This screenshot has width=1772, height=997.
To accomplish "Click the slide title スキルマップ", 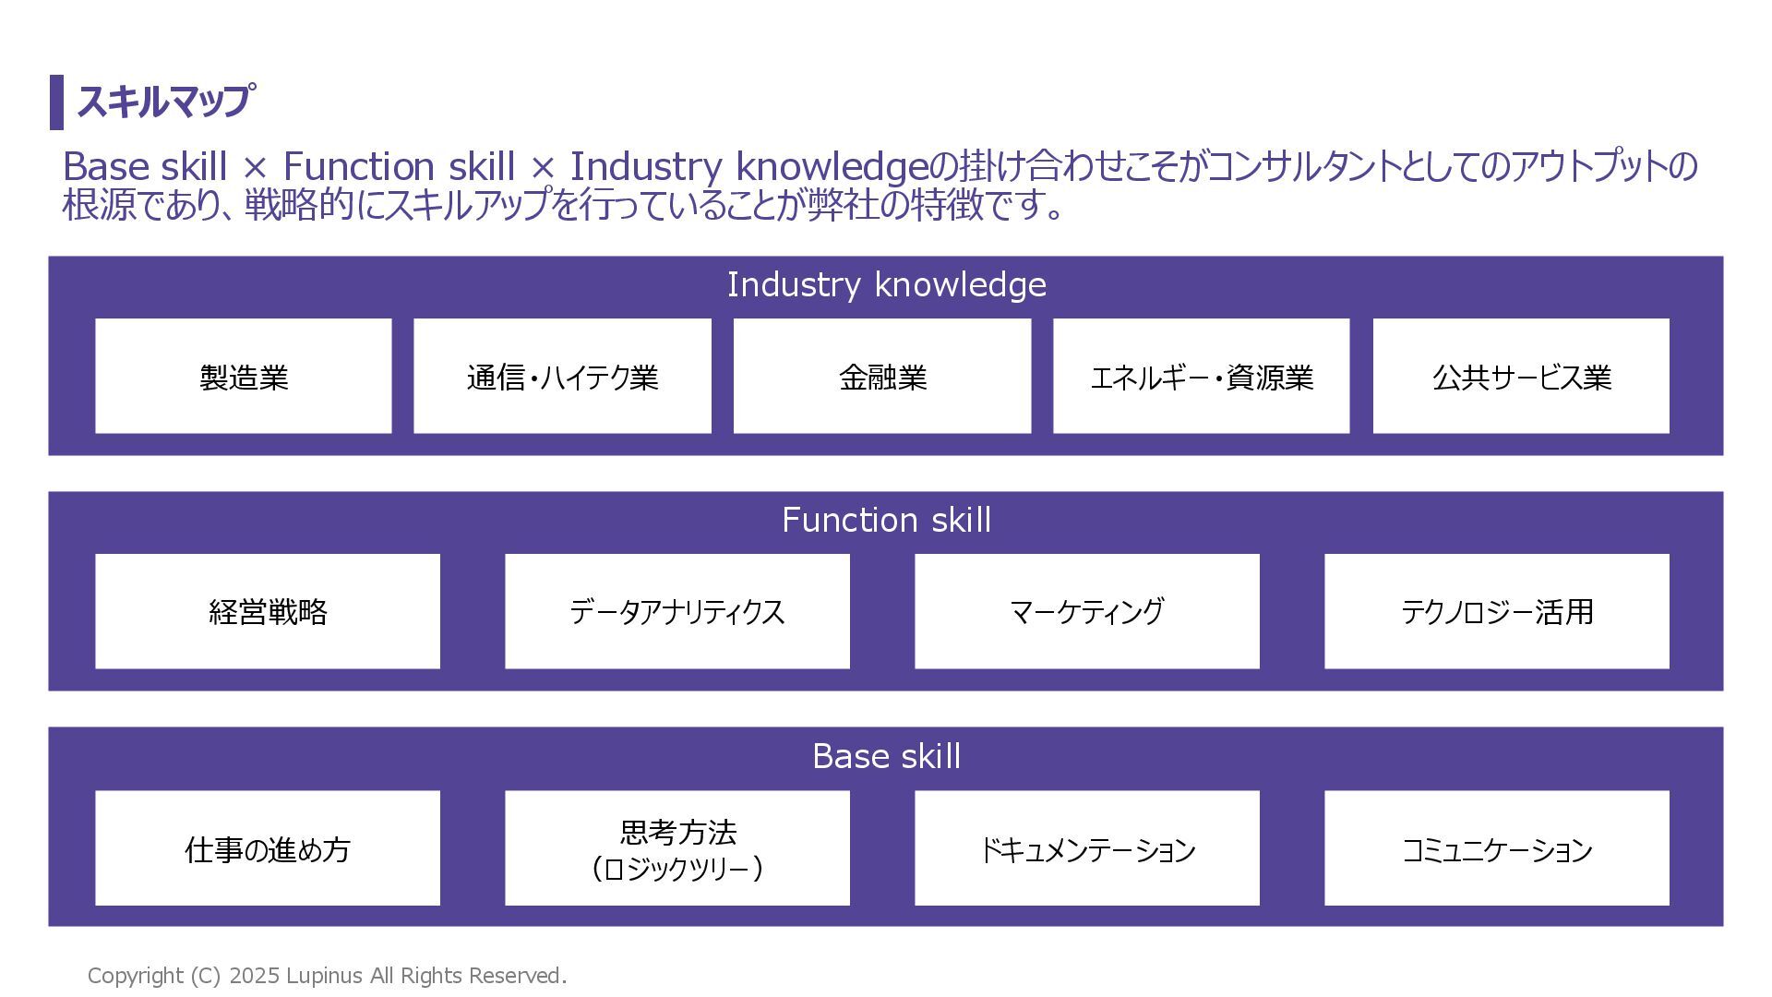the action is coord(163,102).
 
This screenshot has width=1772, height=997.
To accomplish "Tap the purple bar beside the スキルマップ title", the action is coord(56,102).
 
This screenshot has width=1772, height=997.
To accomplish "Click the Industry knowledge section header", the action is coord(886,284).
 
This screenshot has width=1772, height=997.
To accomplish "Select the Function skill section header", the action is coord(886,520).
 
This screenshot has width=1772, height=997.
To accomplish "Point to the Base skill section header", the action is coord(886,756).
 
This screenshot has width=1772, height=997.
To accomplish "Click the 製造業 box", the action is coord(244,377).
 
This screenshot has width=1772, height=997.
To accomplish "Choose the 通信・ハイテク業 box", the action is coord(562,377).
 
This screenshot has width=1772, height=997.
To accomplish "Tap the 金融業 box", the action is coord(882,377).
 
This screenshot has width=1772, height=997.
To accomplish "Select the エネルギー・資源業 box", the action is coord(1201,377).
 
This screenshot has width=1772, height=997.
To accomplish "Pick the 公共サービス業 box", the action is coord(1521,377).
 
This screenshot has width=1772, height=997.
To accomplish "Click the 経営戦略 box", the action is coord(268,611).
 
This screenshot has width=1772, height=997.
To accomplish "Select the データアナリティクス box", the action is coord(676,611).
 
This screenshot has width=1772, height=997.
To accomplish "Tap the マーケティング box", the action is coord(1086,611).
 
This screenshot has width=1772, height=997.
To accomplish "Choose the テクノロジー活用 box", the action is coord(1496,611).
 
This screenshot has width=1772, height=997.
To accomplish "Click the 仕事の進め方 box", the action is coord(268,848).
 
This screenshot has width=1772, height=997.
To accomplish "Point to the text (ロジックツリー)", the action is coord(676,869).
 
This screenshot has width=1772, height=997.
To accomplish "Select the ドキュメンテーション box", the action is coord(1086,848).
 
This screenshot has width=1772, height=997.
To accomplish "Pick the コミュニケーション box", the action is coord(1496,848).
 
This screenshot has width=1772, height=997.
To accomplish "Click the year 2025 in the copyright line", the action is coord(254,976).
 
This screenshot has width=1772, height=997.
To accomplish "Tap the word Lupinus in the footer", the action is coord(324,976).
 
